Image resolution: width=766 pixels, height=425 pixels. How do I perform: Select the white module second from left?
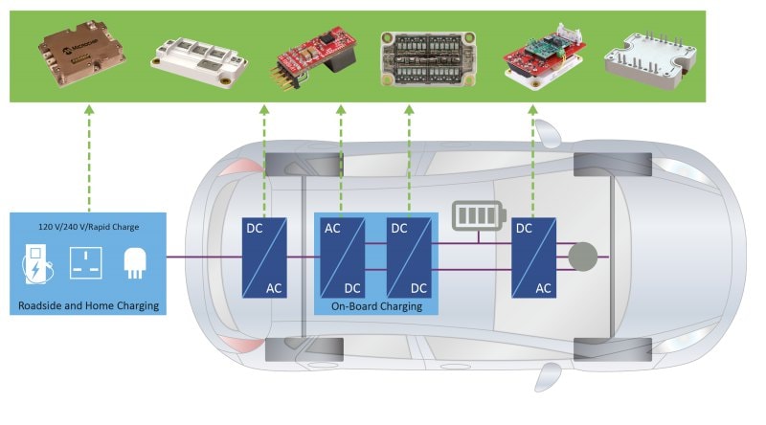tap(194, 56)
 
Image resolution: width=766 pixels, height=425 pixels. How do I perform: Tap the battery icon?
tap(476, 215)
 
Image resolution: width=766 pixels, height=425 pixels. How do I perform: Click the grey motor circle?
tap(582, 257)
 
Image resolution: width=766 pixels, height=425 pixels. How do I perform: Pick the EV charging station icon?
tap(35, 262)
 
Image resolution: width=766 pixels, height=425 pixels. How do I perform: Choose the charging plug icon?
tap(133, 262)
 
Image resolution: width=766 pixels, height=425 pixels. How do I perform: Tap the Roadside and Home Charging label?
tap(87, 306)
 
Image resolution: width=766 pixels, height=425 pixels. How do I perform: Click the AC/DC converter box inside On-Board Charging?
tap(342, 257)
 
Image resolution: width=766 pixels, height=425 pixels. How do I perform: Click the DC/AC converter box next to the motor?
tap(533, 257)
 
